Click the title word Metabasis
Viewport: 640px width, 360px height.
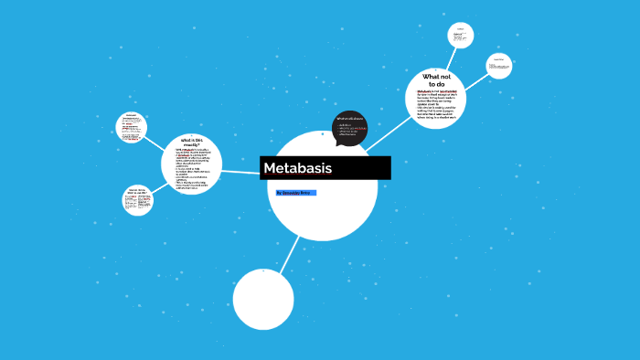pos(297,169)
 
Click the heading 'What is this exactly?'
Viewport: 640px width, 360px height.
pos(191,142)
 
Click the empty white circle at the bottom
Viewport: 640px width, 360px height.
pos(263,299)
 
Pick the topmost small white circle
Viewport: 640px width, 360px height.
pos(461,35)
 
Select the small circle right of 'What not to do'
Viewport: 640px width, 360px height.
pos(498,66)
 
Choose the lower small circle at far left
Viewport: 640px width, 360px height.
pos(137,200)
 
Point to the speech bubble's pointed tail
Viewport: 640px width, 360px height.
pos(338,143)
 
